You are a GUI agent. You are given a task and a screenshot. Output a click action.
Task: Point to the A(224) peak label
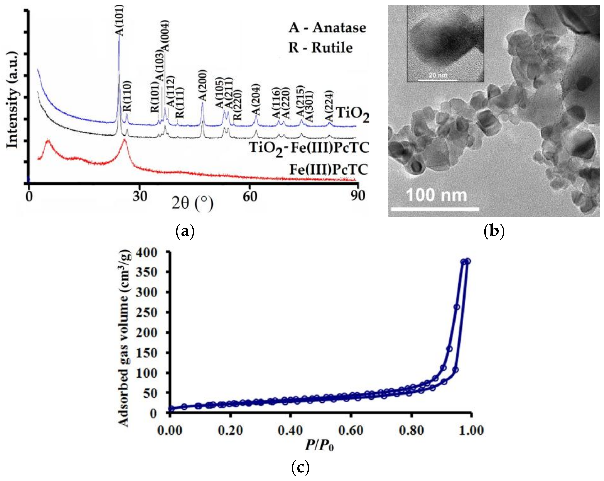(329, 106)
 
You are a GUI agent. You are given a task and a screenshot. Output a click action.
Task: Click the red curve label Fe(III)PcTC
(328, 170)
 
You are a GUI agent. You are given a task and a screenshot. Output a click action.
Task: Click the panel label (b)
(494, 232)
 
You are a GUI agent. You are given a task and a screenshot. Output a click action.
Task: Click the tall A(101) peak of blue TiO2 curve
(119, 39)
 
